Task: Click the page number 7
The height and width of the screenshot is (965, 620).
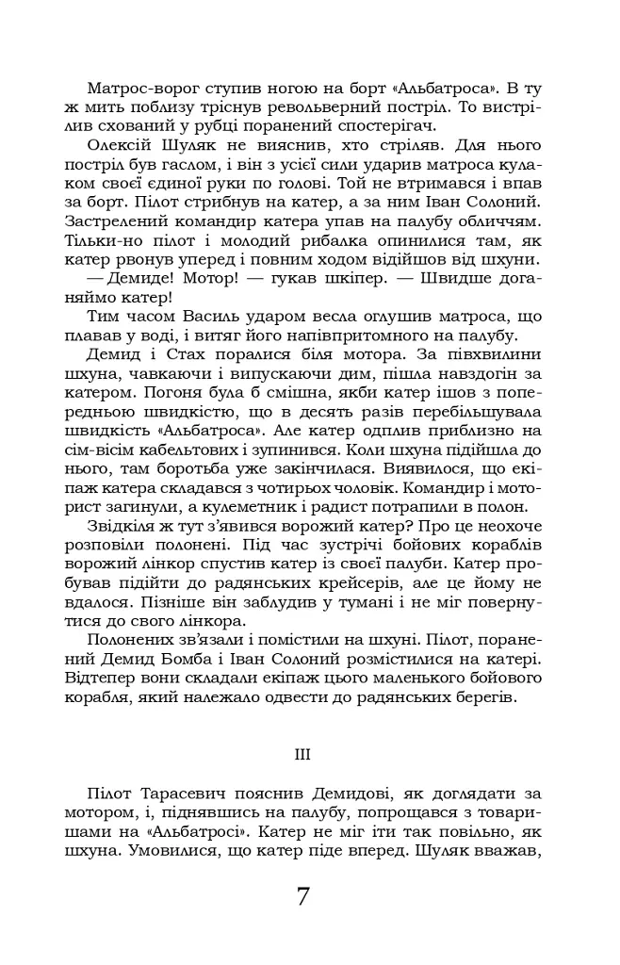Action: (x=303, y=896)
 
